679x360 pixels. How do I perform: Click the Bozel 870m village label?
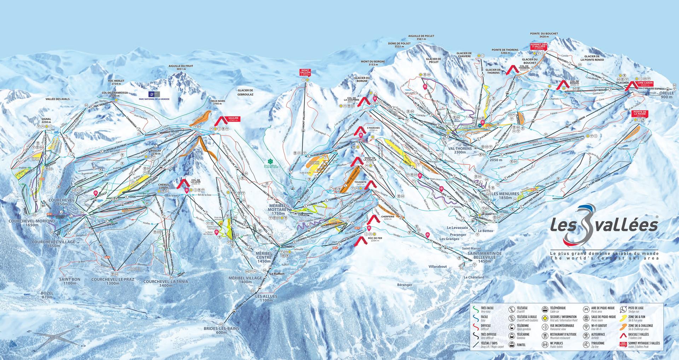(x=47, y=295)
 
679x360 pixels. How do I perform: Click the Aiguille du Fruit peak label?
(x=181, y=68)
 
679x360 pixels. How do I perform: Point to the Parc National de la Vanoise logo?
(x=155, y=95)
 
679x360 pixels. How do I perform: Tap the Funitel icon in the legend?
(x=511, y=344)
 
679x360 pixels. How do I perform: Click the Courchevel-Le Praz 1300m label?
(x=105, y=281)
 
